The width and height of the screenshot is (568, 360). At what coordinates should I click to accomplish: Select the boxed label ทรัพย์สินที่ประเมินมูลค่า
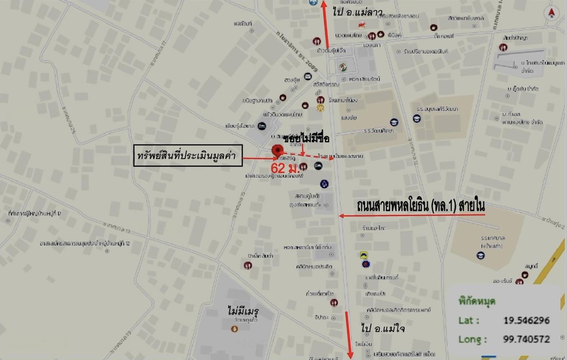click(188, 155)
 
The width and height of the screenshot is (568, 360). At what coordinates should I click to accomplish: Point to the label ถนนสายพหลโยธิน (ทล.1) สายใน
click(421, 206)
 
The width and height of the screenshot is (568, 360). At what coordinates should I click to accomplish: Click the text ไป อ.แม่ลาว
click(352, 12)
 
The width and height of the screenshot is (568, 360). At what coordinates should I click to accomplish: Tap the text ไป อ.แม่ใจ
click(383, 328)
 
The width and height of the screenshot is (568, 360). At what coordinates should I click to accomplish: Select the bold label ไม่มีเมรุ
click(244, 311)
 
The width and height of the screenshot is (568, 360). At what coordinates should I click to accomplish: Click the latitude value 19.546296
click(526, 321)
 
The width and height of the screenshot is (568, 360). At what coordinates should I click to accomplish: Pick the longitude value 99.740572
click(526, 339)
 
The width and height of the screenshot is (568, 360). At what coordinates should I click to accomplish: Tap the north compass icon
click(551, 13)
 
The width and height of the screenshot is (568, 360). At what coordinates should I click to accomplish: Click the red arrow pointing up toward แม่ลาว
click(325, 25)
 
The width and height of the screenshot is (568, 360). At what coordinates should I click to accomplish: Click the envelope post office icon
click(308, 76)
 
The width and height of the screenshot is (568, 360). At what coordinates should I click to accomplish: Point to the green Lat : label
click(468, 321)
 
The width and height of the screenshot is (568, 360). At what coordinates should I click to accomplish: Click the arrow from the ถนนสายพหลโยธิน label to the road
click(412, 216)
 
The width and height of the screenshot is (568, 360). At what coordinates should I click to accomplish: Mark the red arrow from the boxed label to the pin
click(258, 158)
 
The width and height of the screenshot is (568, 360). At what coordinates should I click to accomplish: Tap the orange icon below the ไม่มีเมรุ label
click(235, 329)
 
